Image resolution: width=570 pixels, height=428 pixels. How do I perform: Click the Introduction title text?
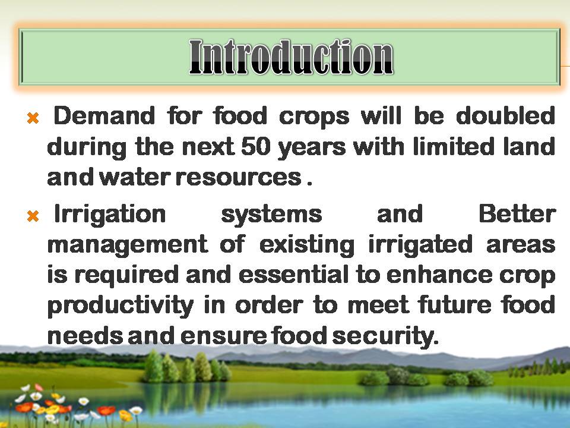(291, 57)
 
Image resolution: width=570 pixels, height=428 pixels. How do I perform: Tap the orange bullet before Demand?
(33, 118)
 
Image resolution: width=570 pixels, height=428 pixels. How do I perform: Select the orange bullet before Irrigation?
(33, 216)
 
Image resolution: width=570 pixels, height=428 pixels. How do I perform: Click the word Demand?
(104, 116)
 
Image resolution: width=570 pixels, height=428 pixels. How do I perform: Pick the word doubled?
(505, 116)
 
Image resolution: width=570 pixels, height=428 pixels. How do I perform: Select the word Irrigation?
(110, 215)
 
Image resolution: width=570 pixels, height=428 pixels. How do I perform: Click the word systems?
(271, 215)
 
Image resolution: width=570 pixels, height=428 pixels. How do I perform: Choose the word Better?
(517, 213)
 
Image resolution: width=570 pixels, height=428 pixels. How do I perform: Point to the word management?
(128, 245)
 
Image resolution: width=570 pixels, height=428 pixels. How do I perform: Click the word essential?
(293, 275)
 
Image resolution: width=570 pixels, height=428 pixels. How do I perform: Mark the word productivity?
(121, 306)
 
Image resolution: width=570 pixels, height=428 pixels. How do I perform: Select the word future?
(455, 305)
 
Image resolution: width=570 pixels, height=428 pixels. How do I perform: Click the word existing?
(307, 245)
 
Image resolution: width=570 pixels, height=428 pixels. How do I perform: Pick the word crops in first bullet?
(314, 117)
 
